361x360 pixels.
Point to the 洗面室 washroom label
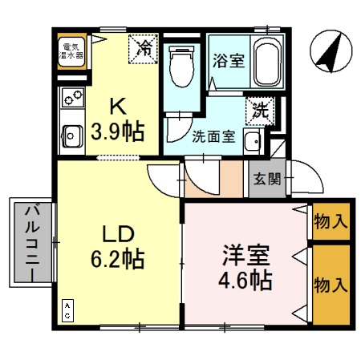point(213,136)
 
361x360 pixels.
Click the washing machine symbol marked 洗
point(261,108)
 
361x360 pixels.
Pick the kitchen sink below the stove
point(72,136)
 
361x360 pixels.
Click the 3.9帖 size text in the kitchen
point(117,131)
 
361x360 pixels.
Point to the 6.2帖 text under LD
point(117,259)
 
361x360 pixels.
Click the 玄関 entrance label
point(268,179)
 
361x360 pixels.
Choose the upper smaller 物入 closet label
point(331,221)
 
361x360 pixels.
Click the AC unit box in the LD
point(68,311)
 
